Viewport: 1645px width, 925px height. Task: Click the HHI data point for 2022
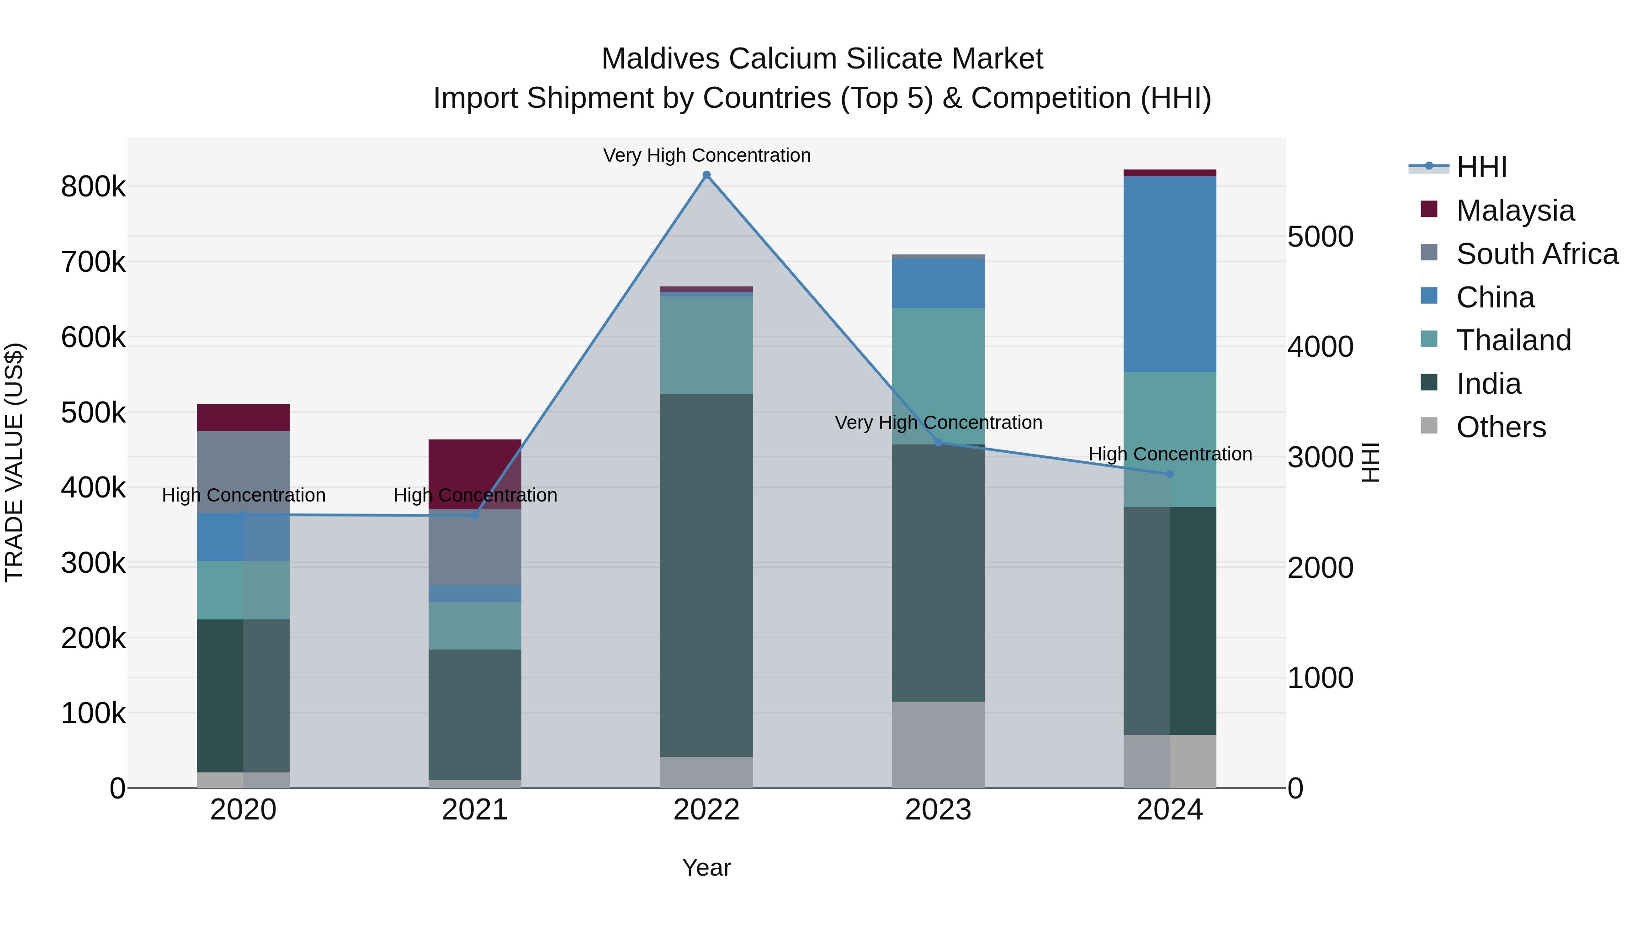point(706,175)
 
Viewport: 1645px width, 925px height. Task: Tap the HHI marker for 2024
point(1170,474)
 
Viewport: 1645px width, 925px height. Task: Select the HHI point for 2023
point(938,442)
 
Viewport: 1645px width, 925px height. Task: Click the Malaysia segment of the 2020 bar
point(243,418)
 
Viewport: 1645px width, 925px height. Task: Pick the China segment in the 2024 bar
point(1170,275)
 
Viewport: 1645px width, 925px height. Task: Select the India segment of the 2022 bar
point(706,575)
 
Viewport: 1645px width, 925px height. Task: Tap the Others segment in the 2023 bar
point(938,745)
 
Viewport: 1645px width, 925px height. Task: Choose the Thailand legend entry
point(1513,340)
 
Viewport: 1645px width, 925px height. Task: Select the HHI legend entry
point(1481,167)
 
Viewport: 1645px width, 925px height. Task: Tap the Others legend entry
point(1501,427)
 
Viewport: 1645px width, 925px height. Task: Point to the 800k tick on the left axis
point(93,187)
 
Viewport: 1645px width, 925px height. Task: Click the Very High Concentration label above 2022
point(706,155)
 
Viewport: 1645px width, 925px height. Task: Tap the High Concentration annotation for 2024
point(1170,454)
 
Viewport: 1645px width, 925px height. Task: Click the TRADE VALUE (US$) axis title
point(14,462)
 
